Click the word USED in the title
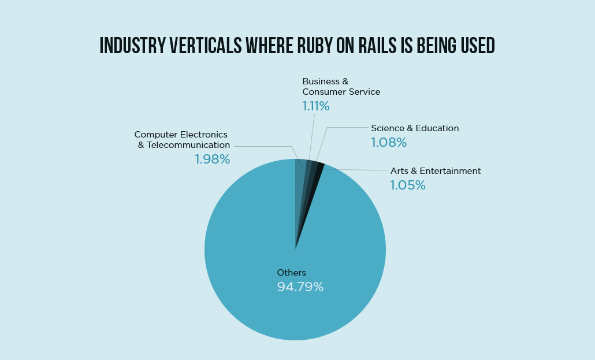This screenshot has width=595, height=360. point(475,46)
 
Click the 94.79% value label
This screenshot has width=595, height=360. point(300,287)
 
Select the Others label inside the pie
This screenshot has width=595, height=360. point(291,273)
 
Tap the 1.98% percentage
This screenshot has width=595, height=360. point(212,159)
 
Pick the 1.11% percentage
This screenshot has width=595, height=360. point(315,106)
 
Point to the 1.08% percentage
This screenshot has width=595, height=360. point(389,143)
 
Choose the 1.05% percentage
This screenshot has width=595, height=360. point(407,185)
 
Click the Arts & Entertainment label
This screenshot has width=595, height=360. point(436,171)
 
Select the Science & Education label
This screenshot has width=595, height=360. point(415,128)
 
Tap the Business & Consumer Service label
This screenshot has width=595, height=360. point(341,87)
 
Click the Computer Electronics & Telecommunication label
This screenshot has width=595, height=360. point(182,140)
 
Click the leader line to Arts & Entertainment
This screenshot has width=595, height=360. point(358,170)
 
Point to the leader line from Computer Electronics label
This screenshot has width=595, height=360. point(266,146)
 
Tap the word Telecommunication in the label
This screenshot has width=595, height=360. point(188,145)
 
